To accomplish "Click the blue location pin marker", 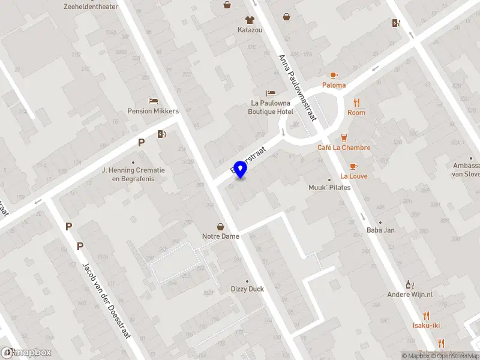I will (241, 169).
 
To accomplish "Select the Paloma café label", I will (334, 85).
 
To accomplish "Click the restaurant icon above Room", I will (356, 103).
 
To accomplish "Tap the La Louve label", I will (353, 176).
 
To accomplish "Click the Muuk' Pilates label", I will (329, 188).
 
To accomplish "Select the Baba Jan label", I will (380, 230).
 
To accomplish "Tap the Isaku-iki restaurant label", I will (426, 325).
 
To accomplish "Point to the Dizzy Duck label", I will (247, 289).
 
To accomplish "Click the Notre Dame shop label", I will (220, 236).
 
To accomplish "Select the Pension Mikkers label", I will (153, 111).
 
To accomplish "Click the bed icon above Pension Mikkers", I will (153, 101).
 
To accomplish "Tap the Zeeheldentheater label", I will (91, 7).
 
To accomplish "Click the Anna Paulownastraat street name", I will (298, 88).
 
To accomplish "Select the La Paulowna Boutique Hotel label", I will (272, 107).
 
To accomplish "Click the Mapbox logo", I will (26, 353).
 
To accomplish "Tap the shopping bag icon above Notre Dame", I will (221, 227).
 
